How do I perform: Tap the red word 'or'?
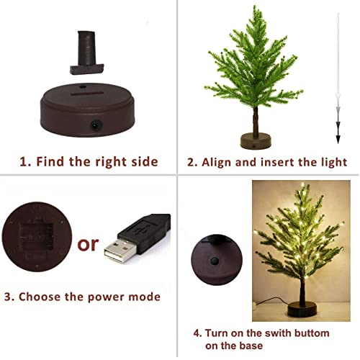click(x=88, y=244)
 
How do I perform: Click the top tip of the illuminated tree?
click(x=303, y=185)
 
